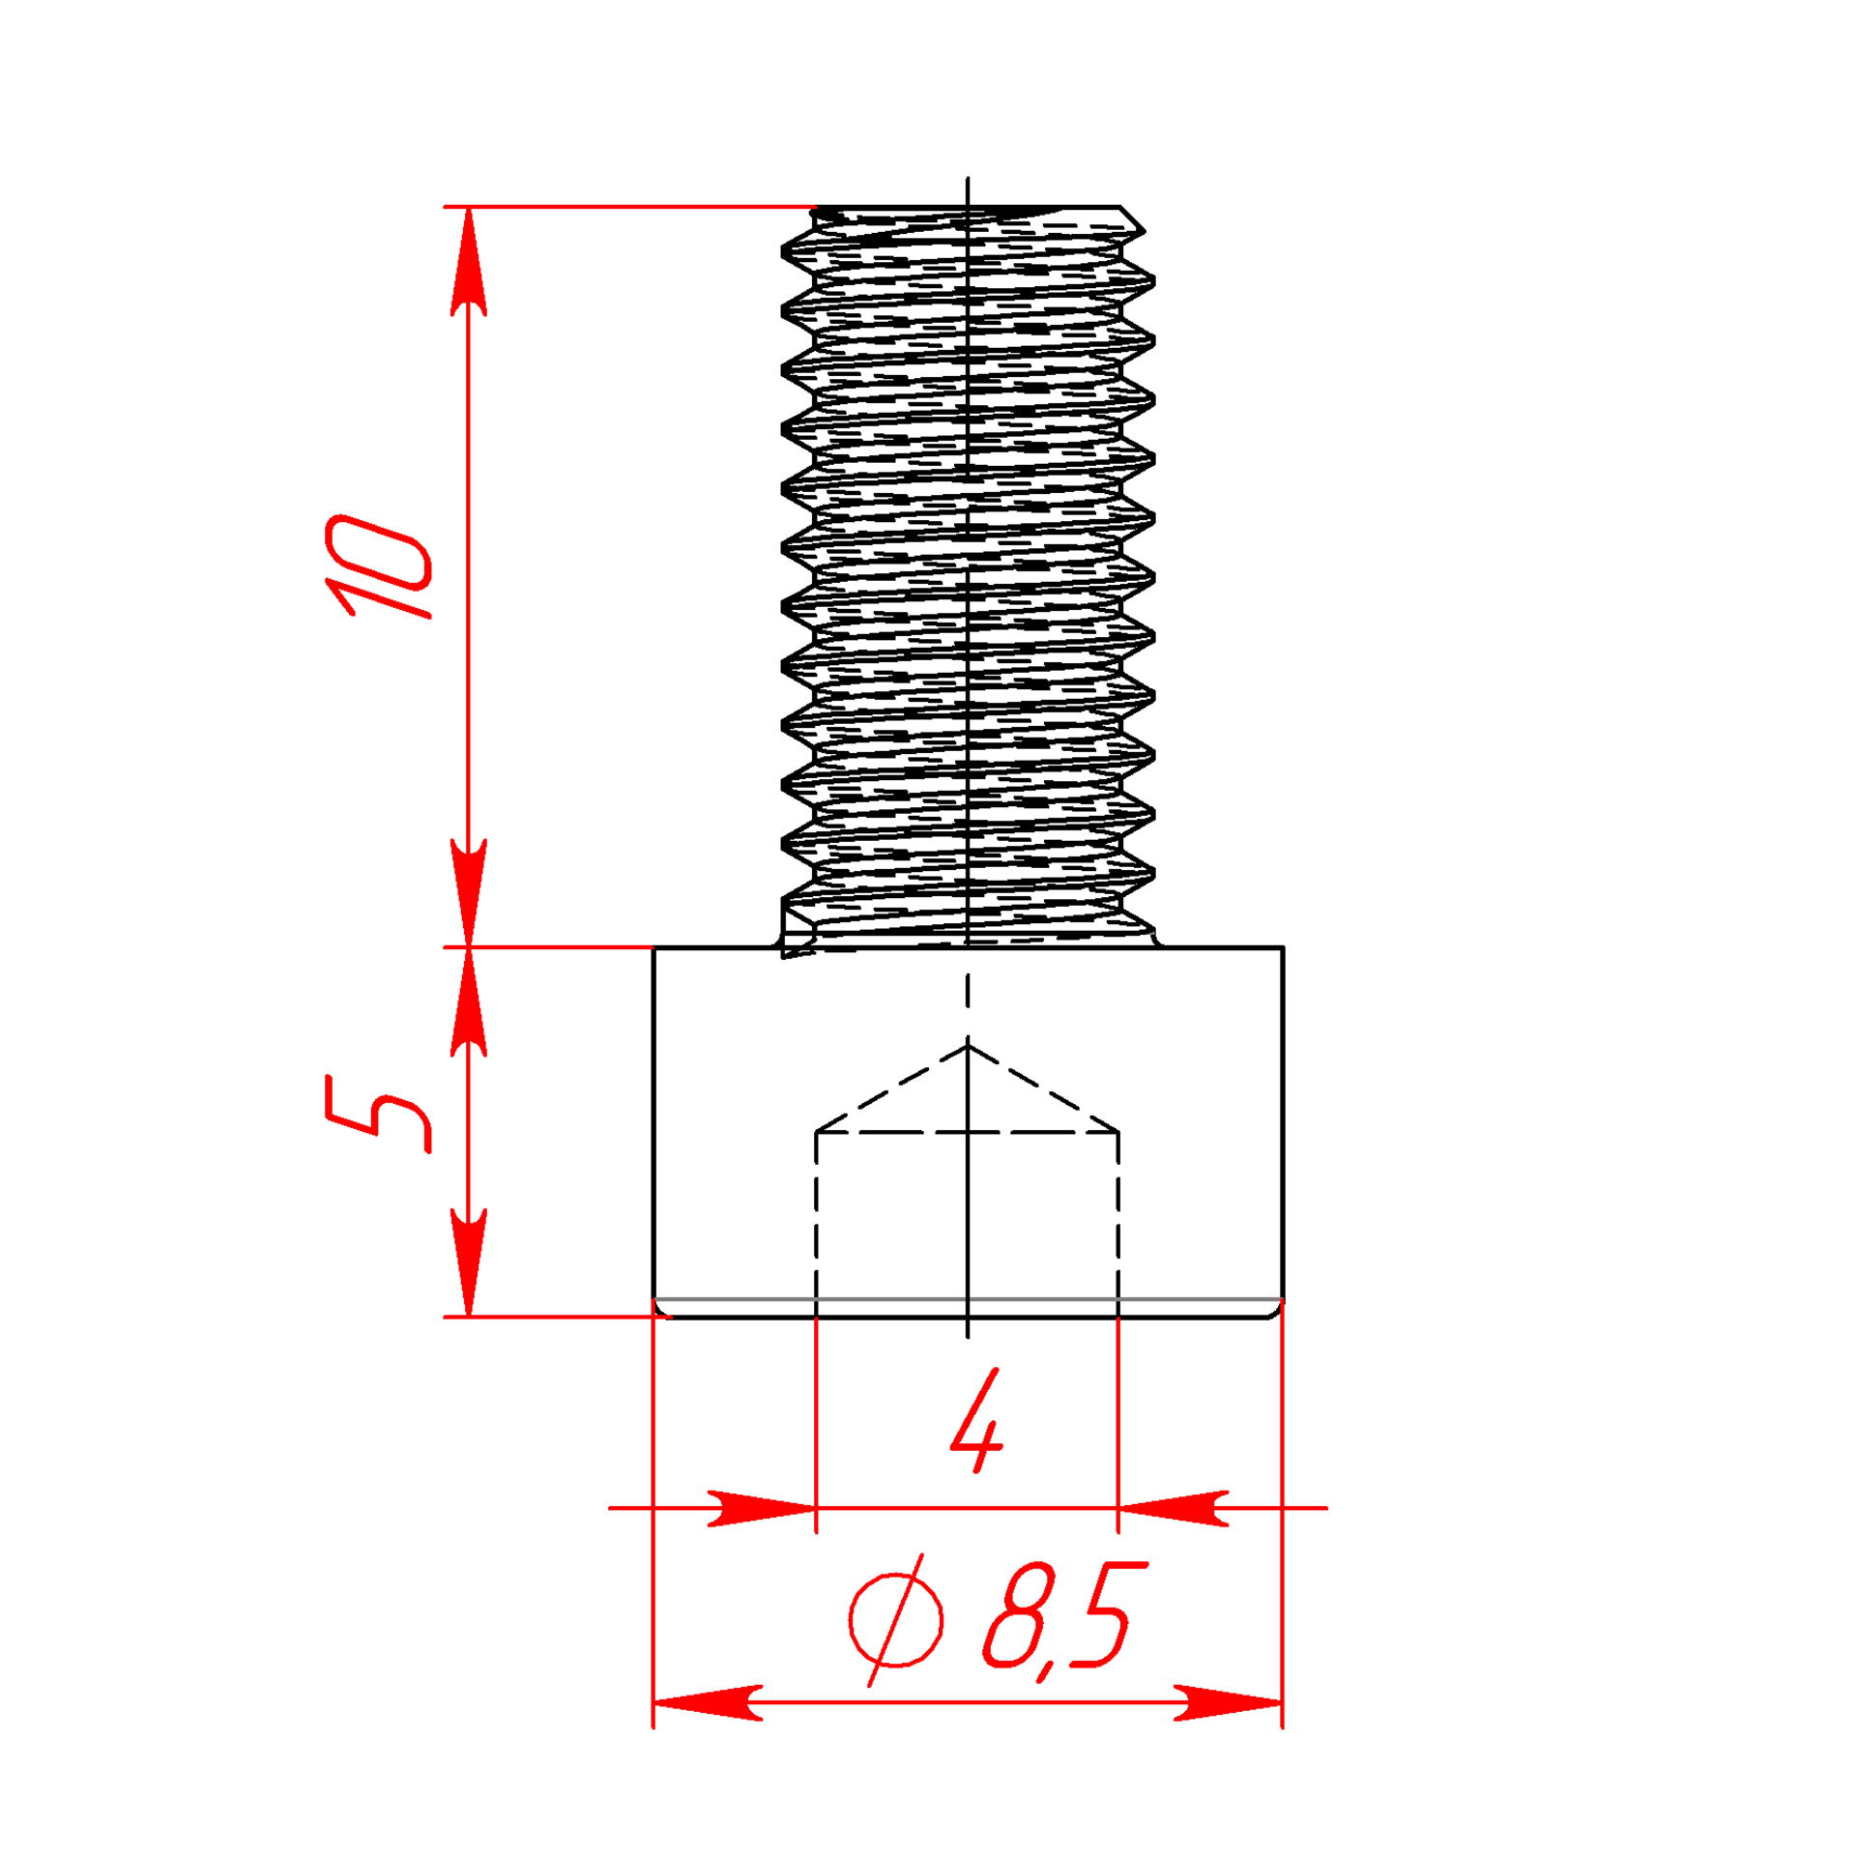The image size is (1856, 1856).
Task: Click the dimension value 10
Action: click(x=378, y=567)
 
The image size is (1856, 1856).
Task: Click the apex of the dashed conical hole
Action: click(x=968, y=1045)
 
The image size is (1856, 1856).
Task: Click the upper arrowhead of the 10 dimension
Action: click(x=468, y=261)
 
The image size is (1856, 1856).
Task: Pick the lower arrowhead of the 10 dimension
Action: click(x=468, y=892)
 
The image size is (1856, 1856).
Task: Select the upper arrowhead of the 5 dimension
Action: click(x=468, y=1001)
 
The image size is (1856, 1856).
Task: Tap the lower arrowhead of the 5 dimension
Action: click(x=468, y=1261)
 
